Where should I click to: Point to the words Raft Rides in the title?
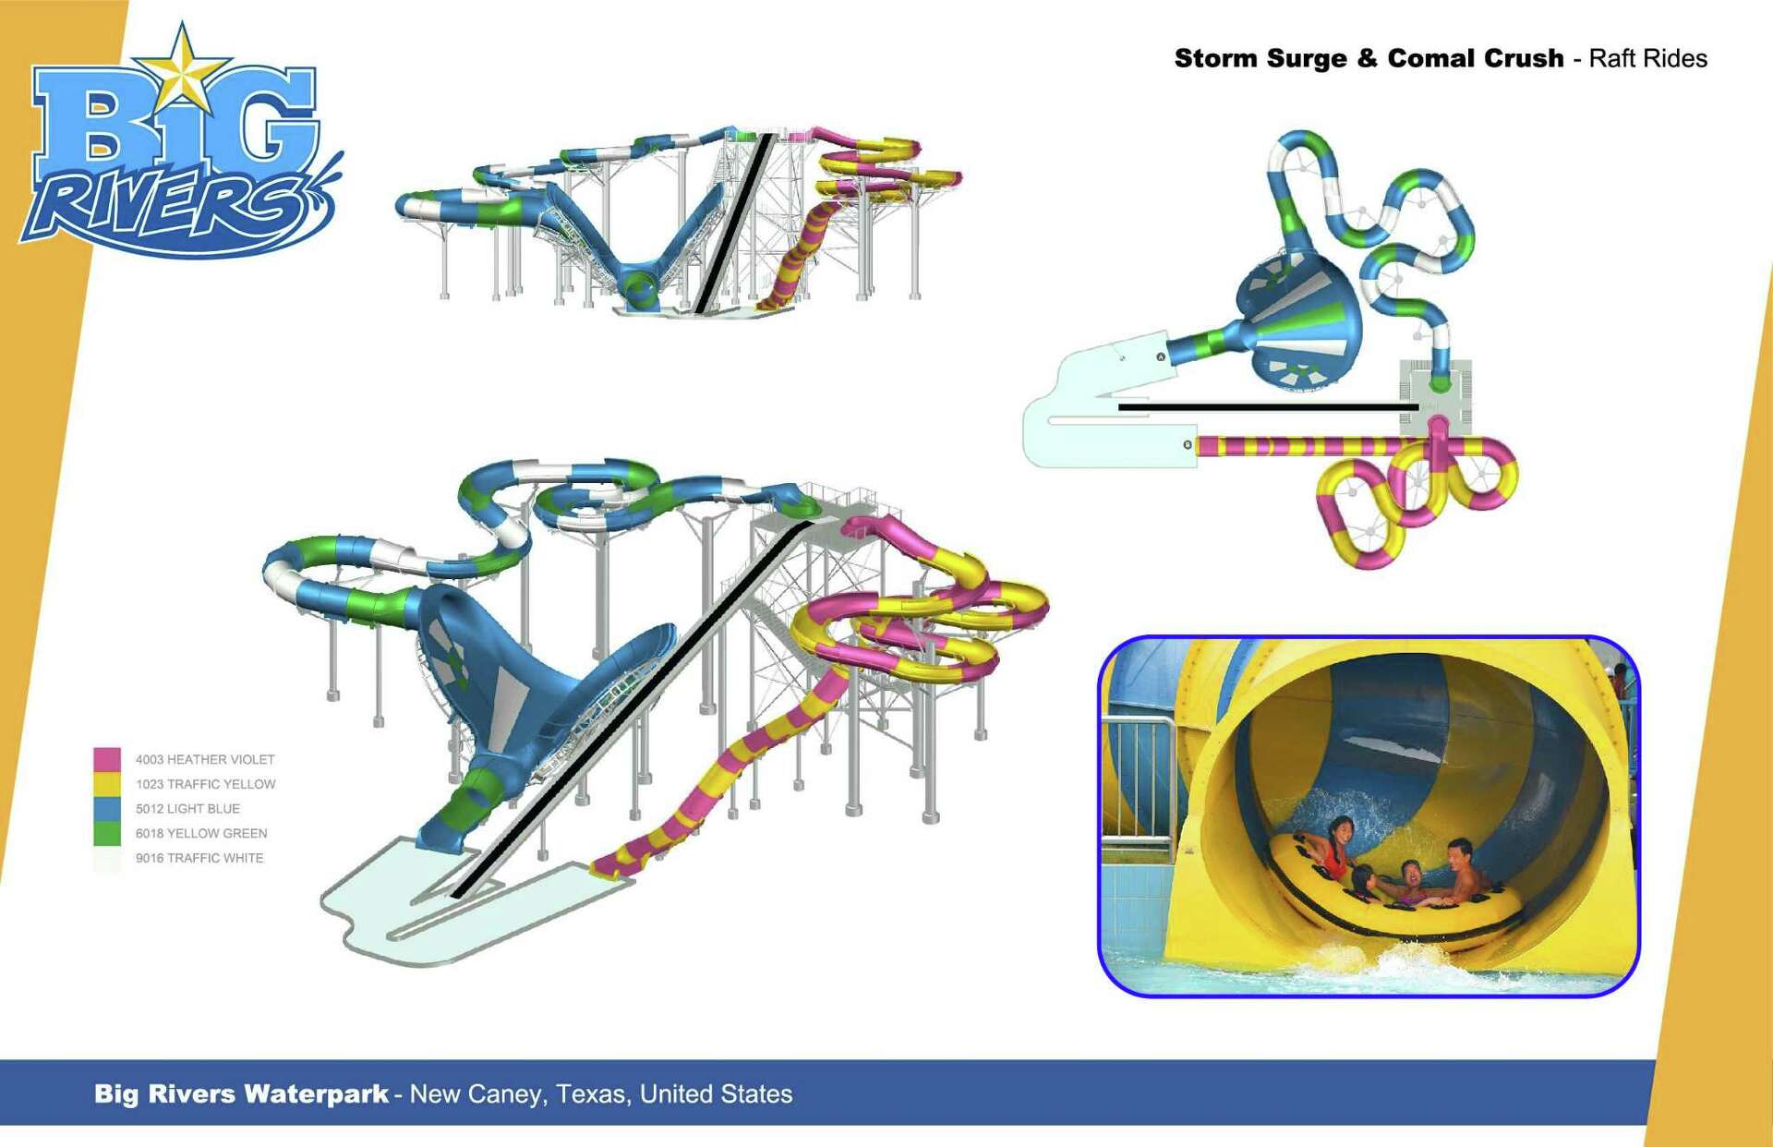pyautogui.click(x=1647, y=58)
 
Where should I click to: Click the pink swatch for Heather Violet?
pyautogui.click(x=107, y=760)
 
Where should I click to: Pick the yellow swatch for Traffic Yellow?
pyautogui.click(x=107, y=784)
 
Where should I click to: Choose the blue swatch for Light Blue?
pyautogui.click(x=107, y=809)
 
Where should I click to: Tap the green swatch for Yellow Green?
pyautogui.click(x=107, y=833)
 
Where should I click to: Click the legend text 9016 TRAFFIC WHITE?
pyautogui.click(x=199, y=858)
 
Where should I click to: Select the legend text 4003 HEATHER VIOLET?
pyautogui.click(x=205, y=760)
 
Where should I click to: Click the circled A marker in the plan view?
pyautogui.click(x=1162, y=356)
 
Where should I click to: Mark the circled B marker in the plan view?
pyautogui.click(x=1188, y=445)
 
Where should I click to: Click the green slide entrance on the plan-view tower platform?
pyautogui.click(x=1439, y=382)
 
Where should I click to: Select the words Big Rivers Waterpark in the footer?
pyautogui.click(x=241, y=1094)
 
